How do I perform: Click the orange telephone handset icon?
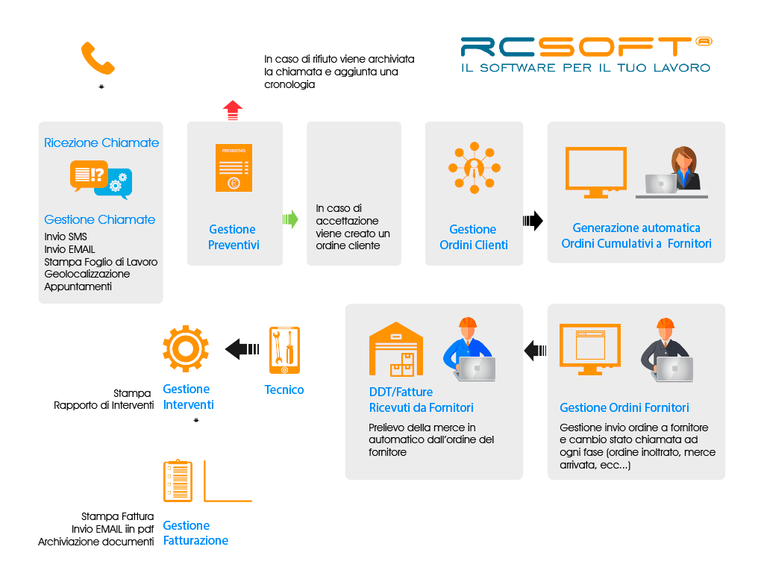[x=98, y=58]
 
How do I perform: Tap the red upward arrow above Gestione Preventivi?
[x=233, y=110]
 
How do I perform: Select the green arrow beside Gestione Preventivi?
[x=290, y=219]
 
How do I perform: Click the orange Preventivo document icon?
[x=234, y=168]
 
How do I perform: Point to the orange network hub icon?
[x=474, y=168]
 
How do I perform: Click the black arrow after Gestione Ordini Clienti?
[x=533, y=221]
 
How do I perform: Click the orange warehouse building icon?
[x=396, y=349]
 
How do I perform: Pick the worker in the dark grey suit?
[x=666, y=350]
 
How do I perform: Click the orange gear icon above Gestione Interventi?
[x=186, y=349]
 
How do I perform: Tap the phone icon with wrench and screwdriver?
[x=284, y=351]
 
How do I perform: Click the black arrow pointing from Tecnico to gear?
[x=242, y=349]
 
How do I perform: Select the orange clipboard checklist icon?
[x=178, y=481]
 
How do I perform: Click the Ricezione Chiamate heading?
[x=101, y=143]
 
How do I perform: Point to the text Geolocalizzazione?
[x=87, y=274]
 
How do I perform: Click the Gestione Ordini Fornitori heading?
[x=624, y=407]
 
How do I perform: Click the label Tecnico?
[x=284, y=389]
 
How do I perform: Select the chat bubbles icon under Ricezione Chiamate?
[x=101, y=180]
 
